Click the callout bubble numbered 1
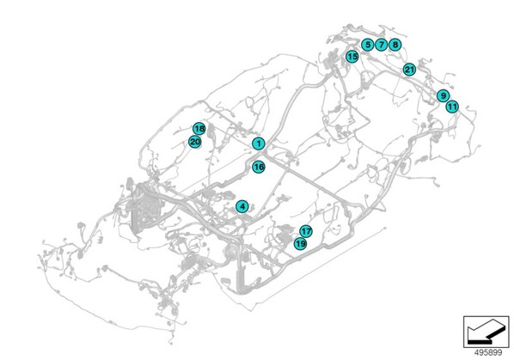click(259, 143)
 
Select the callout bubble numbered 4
click(242, 207)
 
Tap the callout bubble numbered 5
click(368, 44)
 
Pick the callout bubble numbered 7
click(381, 44)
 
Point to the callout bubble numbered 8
click(395, 44)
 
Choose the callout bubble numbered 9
click(444, 95)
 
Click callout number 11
click(452, 107)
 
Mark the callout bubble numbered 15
click(352, 57)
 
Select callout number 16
click(259, 167)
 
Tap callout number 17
click(306, 232)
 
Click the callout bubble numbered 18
click(199, 128)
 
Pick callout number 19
click(300, 244)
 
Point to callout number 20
click(195, 142)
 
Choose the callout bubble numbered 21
click(409, 70)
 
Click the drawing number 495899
click(488, 352)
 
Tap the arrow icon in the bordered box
click(486, 332)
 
